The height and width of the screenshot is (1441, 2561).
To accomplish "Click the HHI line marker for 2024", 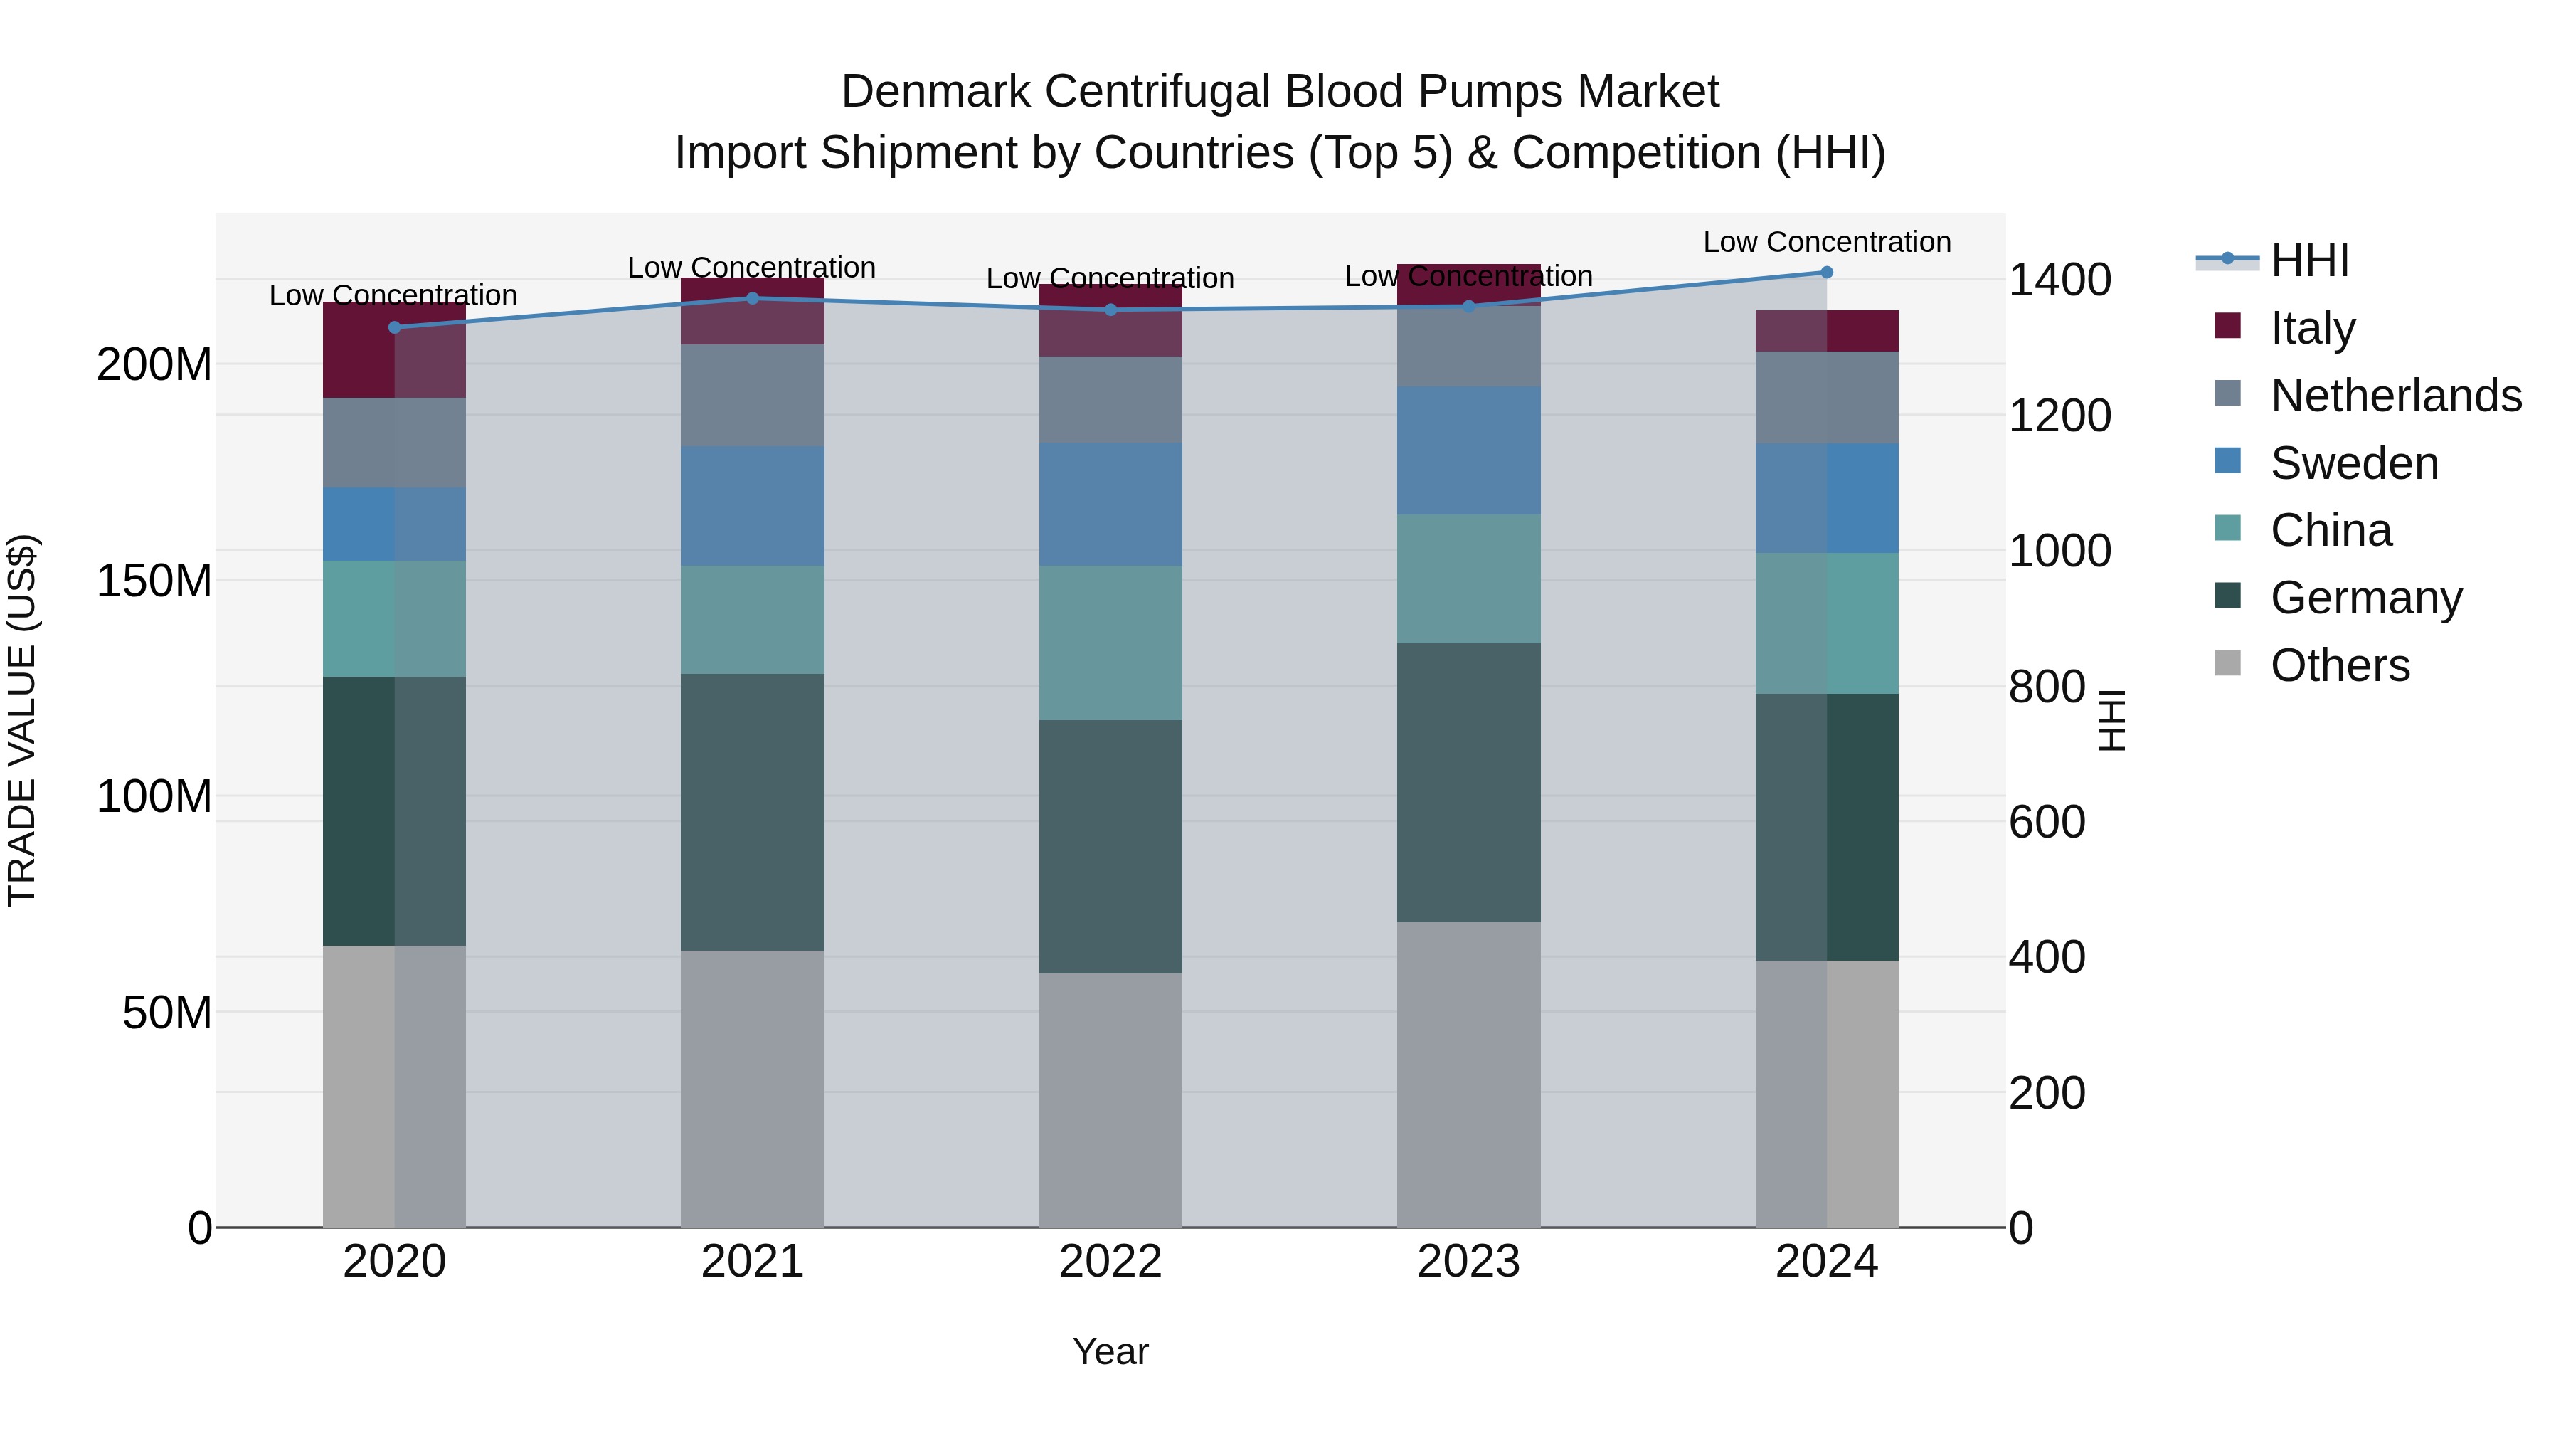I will click(x=1826, y=273).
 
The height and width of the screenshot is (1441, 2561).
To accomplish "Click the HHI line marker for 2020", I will click(x=395, y=327).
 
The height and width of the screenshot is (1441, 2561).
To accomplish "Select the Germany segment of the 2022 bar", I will click(x=1110, y=846).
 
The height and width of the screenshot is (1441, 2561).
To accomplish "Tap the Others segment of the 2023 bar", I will click(x=1468, y=1074).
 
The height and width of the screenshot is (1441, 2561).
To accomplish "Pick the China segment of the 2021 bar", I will click(x=753, y=620).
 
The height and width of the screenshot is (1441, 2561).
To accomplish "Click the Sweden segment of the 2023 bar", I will click(x=1468, y=450).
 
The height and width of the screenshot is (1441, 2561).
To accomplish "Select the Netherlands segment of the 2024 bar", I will click(x=1826, y=398).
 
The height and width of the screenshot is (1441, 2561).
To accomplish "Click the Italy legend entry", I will click(x=2313, y=328).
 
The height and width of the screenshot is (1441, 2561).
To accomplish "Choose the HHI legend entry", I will click(x=2308, y=260).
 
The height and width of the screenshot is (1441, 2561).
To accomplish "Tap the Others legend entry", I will click(x=2338, y=665).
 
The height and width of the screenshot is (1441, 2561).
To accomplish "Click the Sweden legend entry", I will click(x=2353, y=463).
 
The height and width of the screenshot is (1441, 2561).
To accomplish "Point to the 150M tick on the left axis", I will click(x=154, y=581).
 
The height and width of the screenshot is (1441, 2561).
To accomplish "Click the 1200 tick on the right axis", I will click(x=2060, y=416).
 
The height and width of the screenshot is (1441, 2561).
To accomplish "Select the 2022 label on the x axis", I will click(x=1110, y=1262).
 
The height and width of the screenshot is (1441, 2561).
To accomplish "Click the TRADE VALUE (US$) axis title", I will click(x=22, y=720).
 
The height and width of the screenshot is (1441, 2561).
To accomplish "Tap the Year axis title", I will click(x=1110, y=1351).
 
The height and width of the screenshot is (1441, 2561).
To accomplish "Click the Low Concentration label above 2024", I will click(x=1826, y=242).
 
